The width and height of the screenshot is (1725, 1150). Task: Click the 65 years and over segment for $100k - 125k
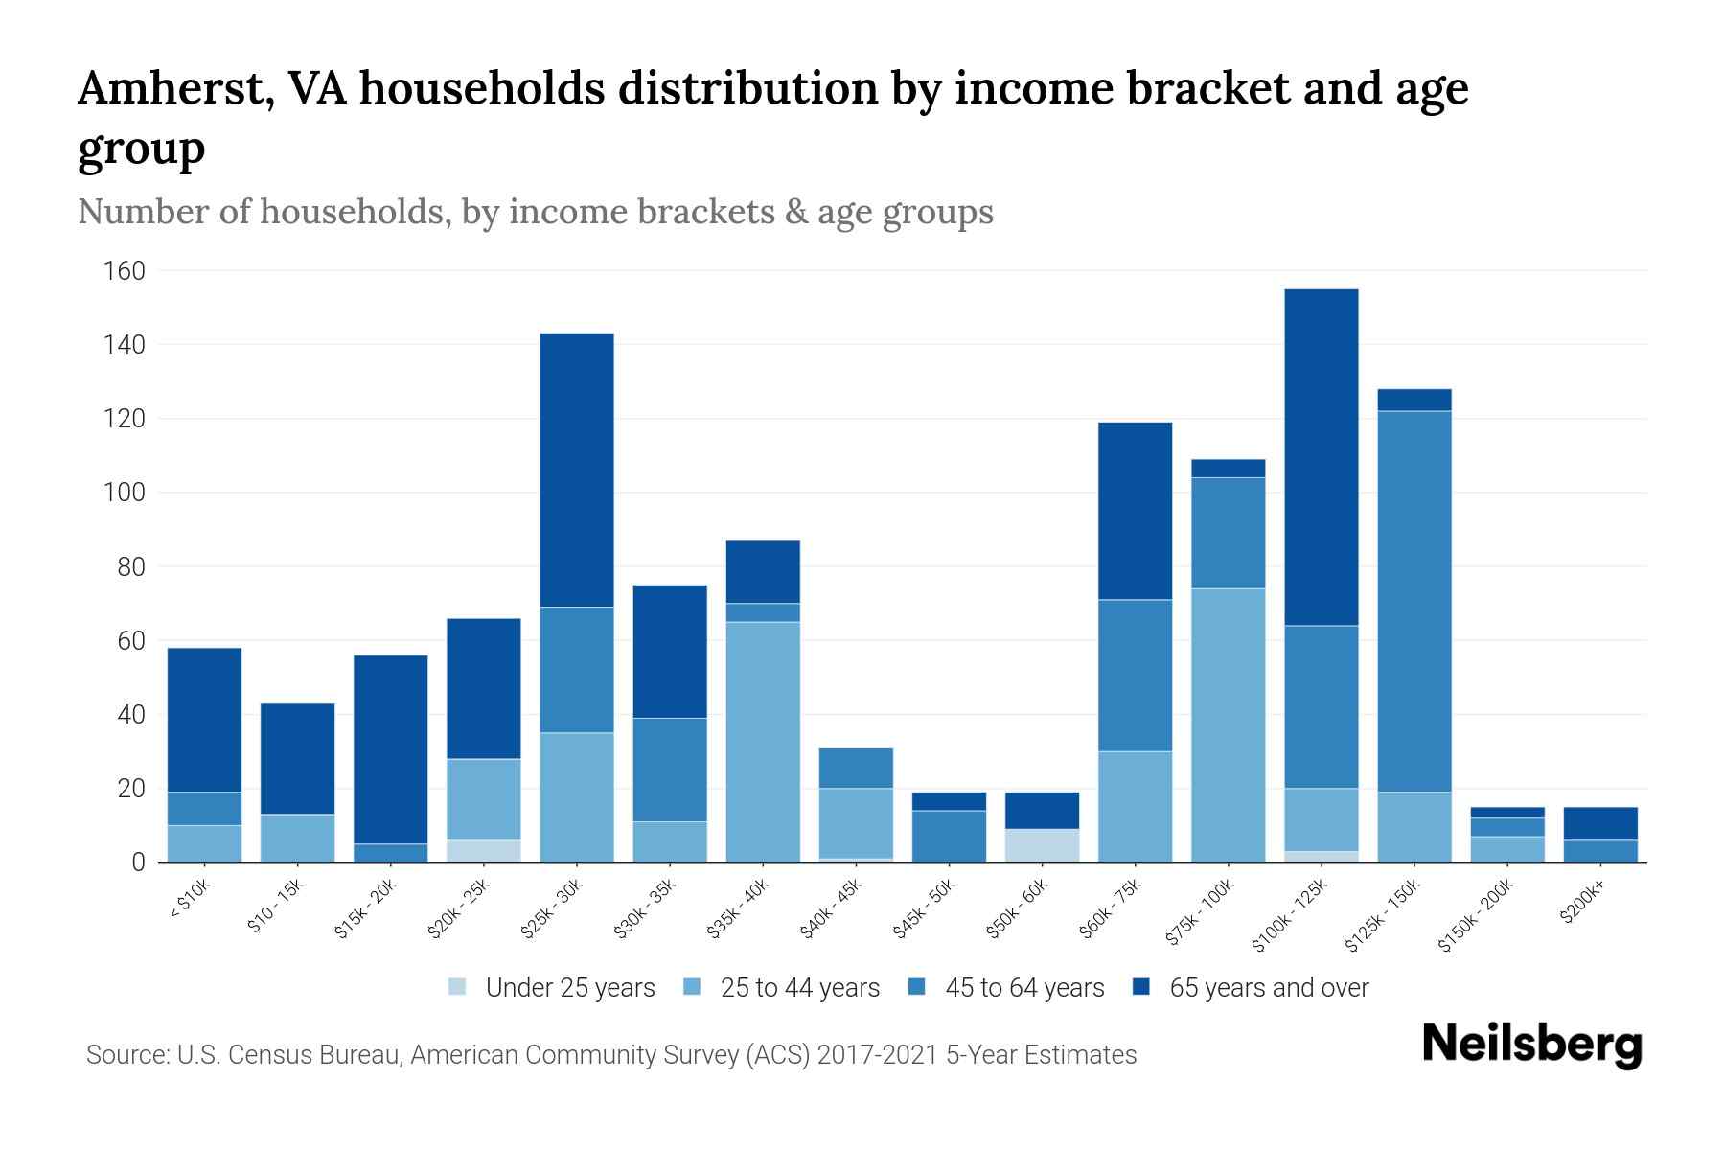[1321, 457]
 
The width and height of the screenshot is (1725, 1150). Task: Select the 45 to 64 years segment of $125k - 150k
[1414, 601]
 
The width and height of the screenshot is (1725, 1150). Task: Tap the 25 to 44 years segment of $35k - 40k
[763, 742]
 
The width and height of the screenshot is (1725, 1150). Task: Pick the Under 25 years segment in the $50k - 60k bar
[1042, 845]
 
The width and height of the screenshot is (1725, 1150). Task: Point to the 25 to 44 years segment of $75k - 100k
[1228, 724]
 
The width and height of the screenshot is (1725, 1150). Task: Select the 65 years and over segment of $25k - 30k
[577, 470]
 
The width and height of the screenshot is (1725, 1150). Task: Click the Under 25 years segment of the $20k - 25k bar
[484, 851]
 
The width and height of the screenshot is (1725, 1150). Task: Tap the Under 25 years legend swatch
[458, 987]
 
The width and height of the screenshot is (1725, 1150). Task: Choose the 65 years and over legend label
[1269, 988]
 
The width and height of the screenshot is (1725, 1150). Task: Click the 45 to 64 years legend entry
[1023, 988]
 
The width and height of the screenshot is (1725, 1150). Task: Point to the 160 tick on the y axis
[124, 271]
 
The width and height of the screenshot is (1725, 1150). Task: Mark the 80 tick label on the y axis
[129, 566]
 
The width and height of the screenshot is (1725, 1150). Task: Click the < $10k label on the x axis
[192, 900]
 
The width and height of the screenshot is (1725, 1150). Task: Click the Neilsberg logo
[1531, 1044]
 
